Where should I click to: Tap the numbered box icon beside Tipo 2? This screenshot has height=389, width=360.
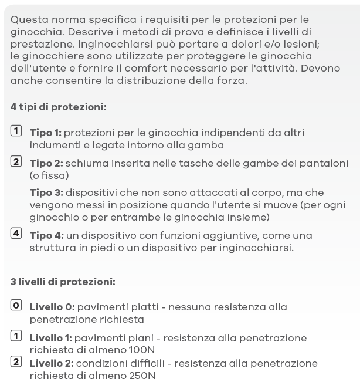point(16,162)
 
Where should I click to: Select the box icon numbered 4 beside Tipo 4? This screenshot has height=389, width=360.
point(16,234)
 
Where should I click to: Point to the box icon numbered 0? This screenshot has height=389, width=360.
point(16,305)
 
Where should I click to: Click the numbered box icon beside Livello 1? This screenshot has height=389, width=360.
point(16,336)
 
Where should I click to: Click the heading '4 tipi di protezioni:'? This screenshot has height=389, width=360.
point(58,107)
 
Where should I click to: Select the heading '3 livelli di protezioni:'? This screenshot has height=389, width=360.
point(63,282)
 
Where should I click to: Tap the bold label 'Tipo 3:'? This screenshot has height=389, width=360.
point(46,192)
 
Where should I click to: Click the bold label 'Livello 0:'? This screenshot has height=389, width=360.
point(52,307)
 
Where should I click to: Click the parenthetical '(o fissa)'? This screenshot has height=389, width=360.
point(49,175)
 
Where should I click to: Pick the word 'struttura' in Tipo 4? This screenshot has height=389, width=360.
point(52,248)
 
